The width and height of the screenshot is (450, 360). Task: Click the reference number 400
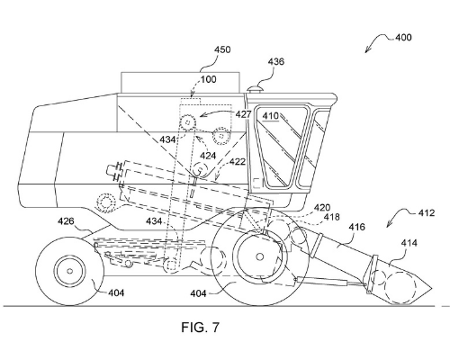403,38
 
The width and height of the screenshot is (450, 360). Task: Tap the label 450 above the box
222,49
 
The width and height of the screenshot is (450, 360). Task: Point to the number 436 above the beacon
275,61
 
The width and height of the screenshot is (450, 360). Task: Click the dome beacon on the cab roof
255,89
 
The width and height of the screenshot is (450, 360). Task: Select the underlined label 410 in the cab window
271,116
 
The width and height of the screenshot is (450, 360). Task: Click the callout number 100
208,79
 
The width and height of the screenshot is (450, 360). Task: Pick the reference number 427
243,114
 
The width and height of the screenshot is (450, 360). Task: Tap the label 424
208,156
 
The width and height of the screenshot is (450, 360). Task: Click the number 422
238,162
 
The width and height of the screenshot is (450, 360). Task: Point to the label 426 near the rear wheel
66,221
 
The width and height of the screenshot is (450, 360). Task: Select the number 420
322,208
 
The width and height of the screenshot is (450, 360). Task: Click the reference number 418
331,217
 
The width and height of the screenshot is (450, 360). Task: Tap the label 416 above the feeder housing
356,227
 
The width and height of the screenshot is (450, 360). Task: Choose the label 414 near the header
409,242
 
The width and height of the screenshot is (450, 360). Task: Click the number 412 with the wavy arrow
426,213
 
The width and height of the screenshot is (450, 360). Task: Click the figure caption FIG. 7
200,327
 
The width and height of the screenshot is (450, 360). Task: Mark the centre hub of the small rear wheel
69,271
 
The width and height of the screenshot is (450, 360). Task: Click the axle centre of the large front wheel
260,256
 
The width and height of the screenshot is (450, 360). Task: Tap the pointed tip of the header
431,289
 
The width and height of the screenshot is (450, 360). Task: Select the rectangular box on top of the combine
180,83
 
